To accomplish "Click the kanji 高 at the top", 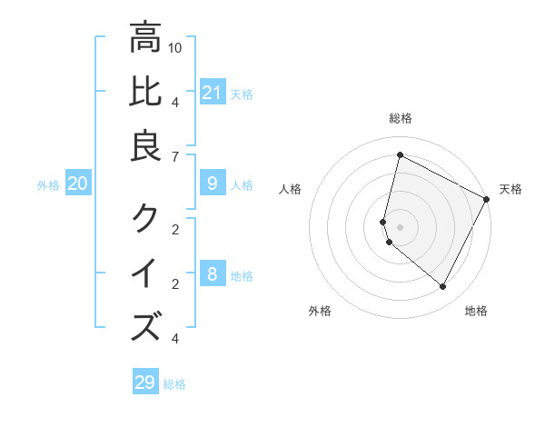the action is (x=145, y=38).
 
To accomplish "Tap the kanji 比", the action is (x=145, y=92).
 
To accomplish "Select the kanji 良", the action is (x=145, y=146).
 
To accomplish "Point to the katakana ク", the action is (x=145, y=218).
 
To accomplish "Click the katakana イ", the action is (x=145, y=272).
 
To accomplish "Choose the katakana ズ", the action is (x=145, y=326).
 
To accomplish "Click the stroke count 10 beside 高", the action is (x=175, y=47).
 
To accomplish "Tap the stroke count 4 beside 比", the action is (x=174, y=101).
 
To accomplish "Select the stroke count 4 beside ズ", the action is (x=174, y=339).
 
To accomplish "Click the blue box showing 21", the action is (x=212, y=93).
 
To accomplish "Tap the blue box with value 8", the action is (x=212, y=274).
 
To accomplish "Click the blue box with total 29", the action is (x=145, y=382).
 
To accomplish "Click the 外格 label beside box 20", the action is (x=48, y=185).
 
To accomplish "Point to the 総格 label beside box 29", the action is (x=174, y=384).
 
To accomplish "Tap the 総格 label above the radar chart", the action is (x=400, y=118).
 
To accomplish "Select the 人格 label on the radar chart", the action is (x=291, y=189).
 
